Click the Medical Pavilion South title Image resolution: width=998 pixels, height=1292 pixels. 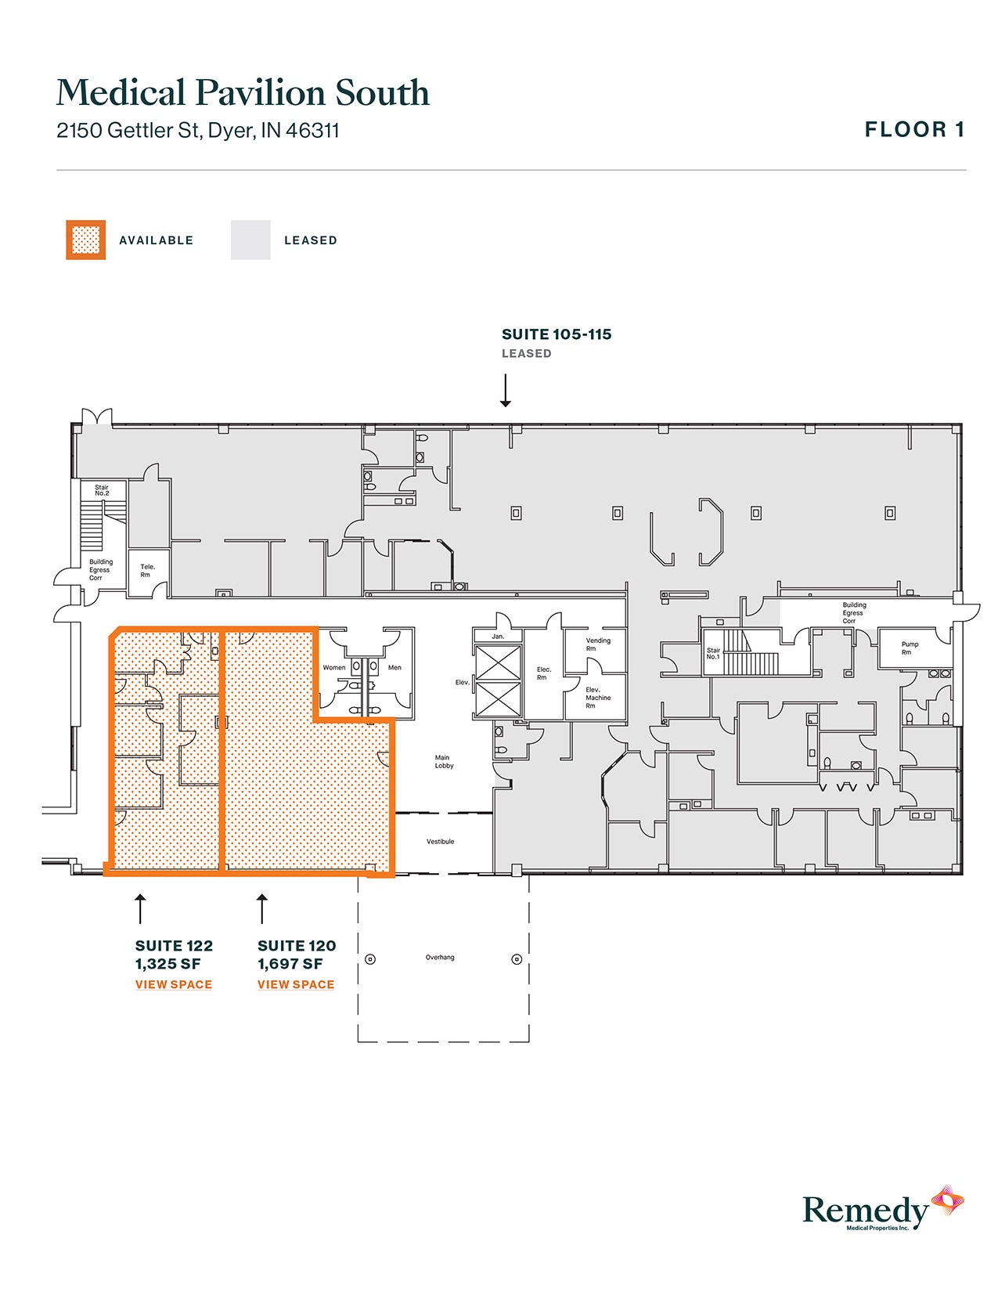243,92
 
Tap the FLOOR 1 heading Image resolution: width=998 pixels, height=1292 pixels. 913,130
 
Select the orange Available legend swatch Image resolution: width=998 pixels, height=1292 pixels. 85,240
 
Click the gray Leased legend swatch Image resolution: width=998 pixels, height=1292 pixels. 250,240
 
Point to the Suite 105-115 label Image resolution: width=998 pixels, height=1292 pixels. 556,334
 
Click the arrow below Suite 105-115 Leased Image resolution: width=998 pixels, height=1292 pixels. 506,390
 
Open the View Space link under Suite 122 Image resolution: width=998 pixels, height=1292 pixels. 173,984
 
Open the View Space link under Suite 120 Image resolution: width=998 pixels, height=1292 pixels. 295,984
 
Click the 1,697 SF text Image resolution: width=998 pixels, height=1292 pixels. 290,964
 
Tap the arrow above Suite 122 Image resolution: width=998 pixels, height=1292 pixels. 140,908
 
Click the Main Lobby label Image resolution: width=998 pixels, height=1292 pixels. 444,761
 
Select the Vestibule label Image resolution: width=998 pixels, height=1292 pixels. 440,842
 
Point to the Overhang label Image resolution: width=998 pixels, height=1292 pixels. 439,957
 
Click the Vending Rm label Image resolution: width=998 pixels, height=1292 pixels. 597,644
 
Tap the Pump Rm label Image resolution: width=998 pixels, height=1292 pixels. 909,648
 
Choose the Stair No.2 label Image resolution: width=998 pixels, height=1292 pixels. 102,490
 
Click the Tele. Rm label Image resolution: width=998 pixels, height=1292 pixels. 147,570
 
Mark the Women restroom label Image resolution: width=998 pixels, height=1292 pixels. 334,668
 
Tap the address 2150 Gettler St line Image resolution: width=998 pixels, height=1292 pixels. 197,130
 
